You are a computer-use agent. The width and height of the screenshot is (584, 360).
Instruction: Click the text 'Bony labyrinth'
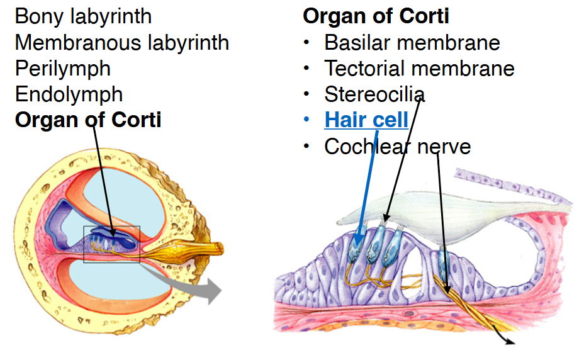click(x=83, y=16)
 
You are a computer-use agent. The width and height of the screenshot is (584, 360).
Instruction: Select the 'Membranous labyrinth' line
click(x=121, y=42)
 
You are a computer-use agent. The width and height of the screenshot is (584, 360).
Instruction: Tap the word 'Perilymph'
click(x=62, y=68)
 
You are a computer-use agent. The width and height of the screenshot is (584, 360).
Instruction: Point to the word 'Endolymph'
click(x=69, y=94)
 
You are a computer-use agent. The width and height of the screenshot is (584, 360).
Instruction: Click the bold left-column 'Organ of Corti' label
click(x=87, y=120)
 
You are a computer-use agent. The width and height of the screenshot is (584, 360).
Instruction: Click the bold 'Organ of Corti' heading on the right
click(x=376, y=16)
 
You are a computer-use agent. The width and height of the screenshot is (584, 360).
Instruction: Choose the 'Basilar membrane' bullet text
click(x=412, y=42)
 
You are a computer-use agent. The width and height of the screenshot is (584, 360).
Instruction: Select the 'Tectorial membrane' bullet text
click(x=419, y=68)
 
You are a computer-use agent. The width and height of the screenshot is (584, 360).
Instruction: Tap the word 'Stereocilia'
click(x=374, y=94)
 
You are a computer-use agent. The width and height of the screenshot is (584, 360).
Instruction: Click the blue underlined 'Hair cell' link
click(x=366, y=120)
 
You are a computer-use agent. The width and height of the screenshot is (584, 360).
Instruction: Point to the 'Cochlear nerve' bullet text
click(x=397, y=146)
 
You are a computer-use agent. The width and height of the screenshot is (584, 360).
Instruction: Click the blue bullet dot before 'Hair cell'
click(x=306, y=120)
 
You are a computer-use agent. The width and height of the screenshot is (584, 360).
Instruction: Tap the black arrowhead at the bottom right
click(x=508, y=342)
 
